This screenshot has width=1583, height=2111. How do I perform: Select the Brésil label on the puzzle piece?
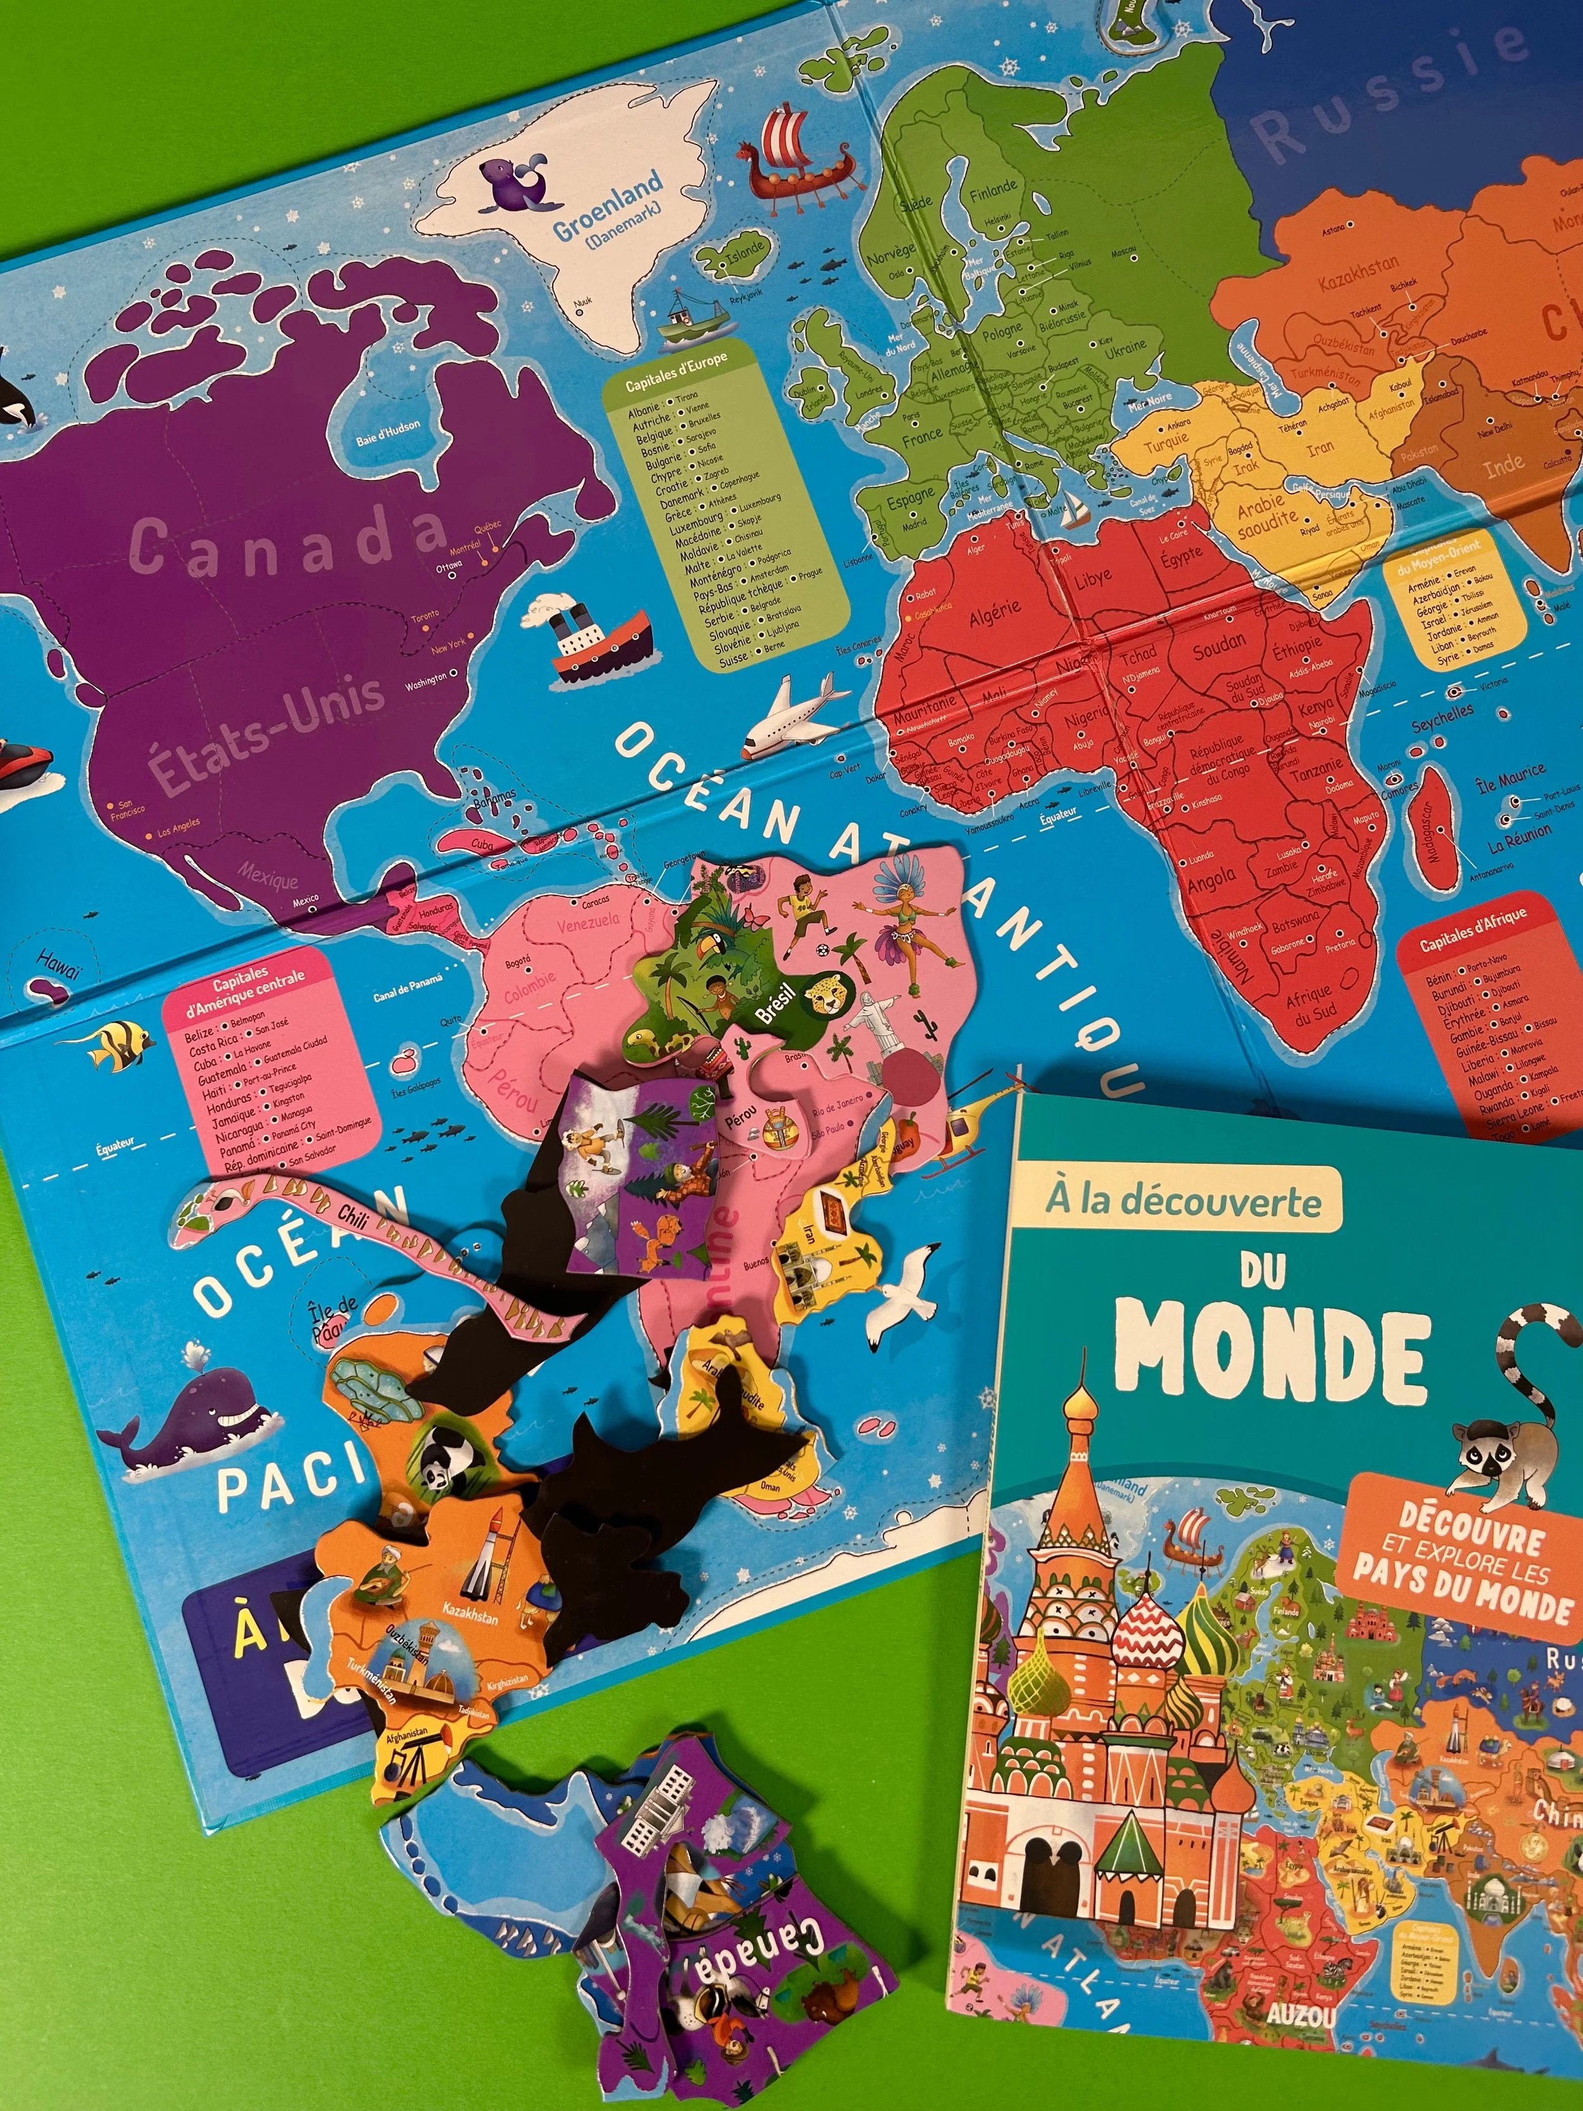pyautogui.click(x=776, y=1002)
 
